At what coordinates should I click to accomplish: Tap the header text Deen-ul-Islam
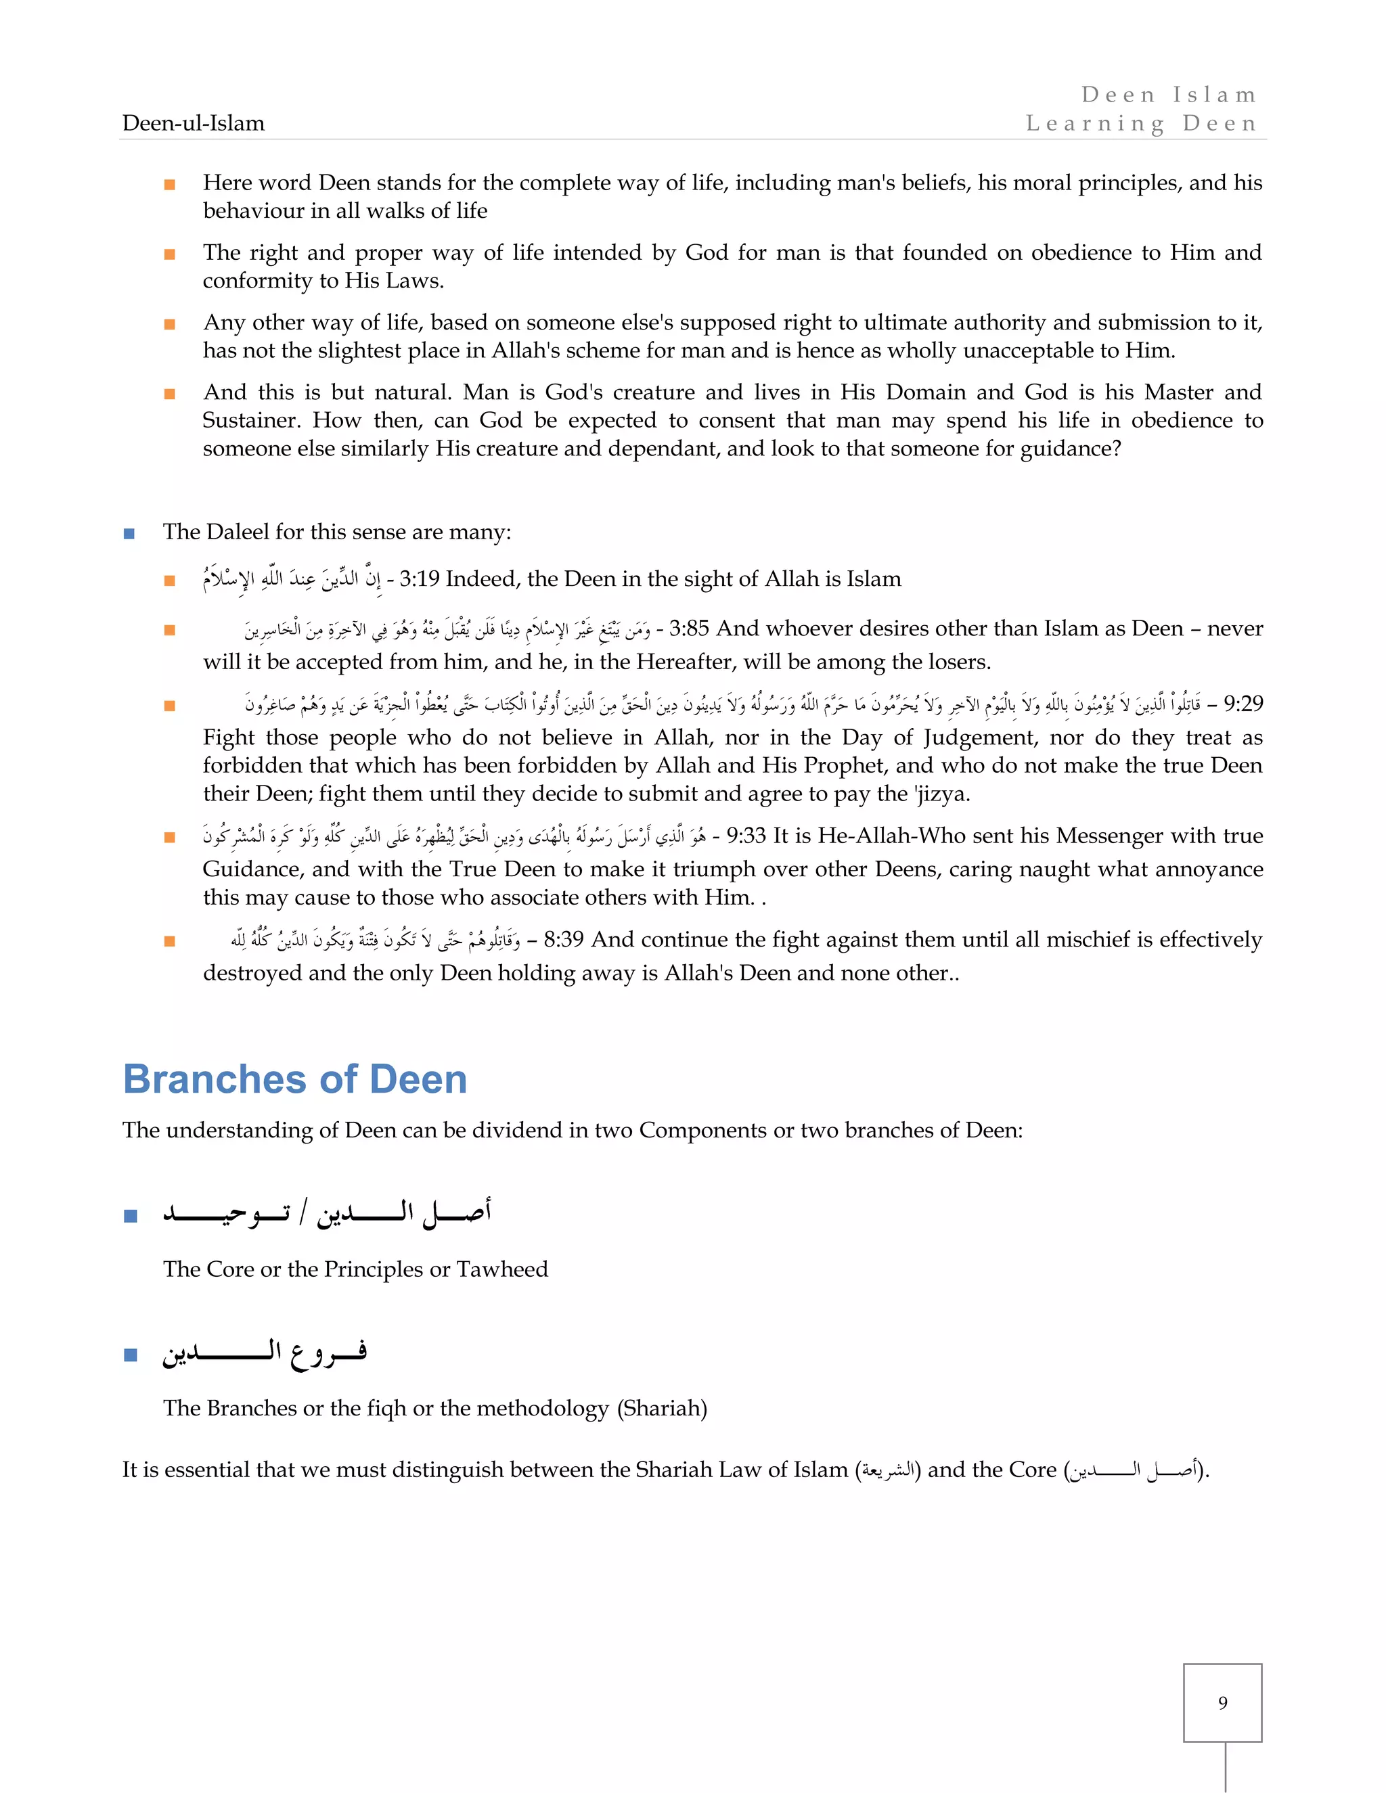pyautogui.click(x=194, y=123)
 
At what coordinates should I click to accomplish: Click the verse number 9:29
pyautogui.click(x=1243, y=704)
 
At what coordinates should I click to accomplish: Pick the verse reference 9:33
pyautogui.click(x=746, y=836)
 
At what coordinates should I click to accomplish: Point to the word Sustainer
pyautogui.click(x=244, y=420)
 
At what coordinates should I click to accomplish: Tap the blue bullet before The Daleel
pyautogui.click(x=129, y=534)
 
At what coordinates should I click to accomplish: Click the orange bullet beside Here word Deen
pyautogui.click(x=169, y=184)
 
